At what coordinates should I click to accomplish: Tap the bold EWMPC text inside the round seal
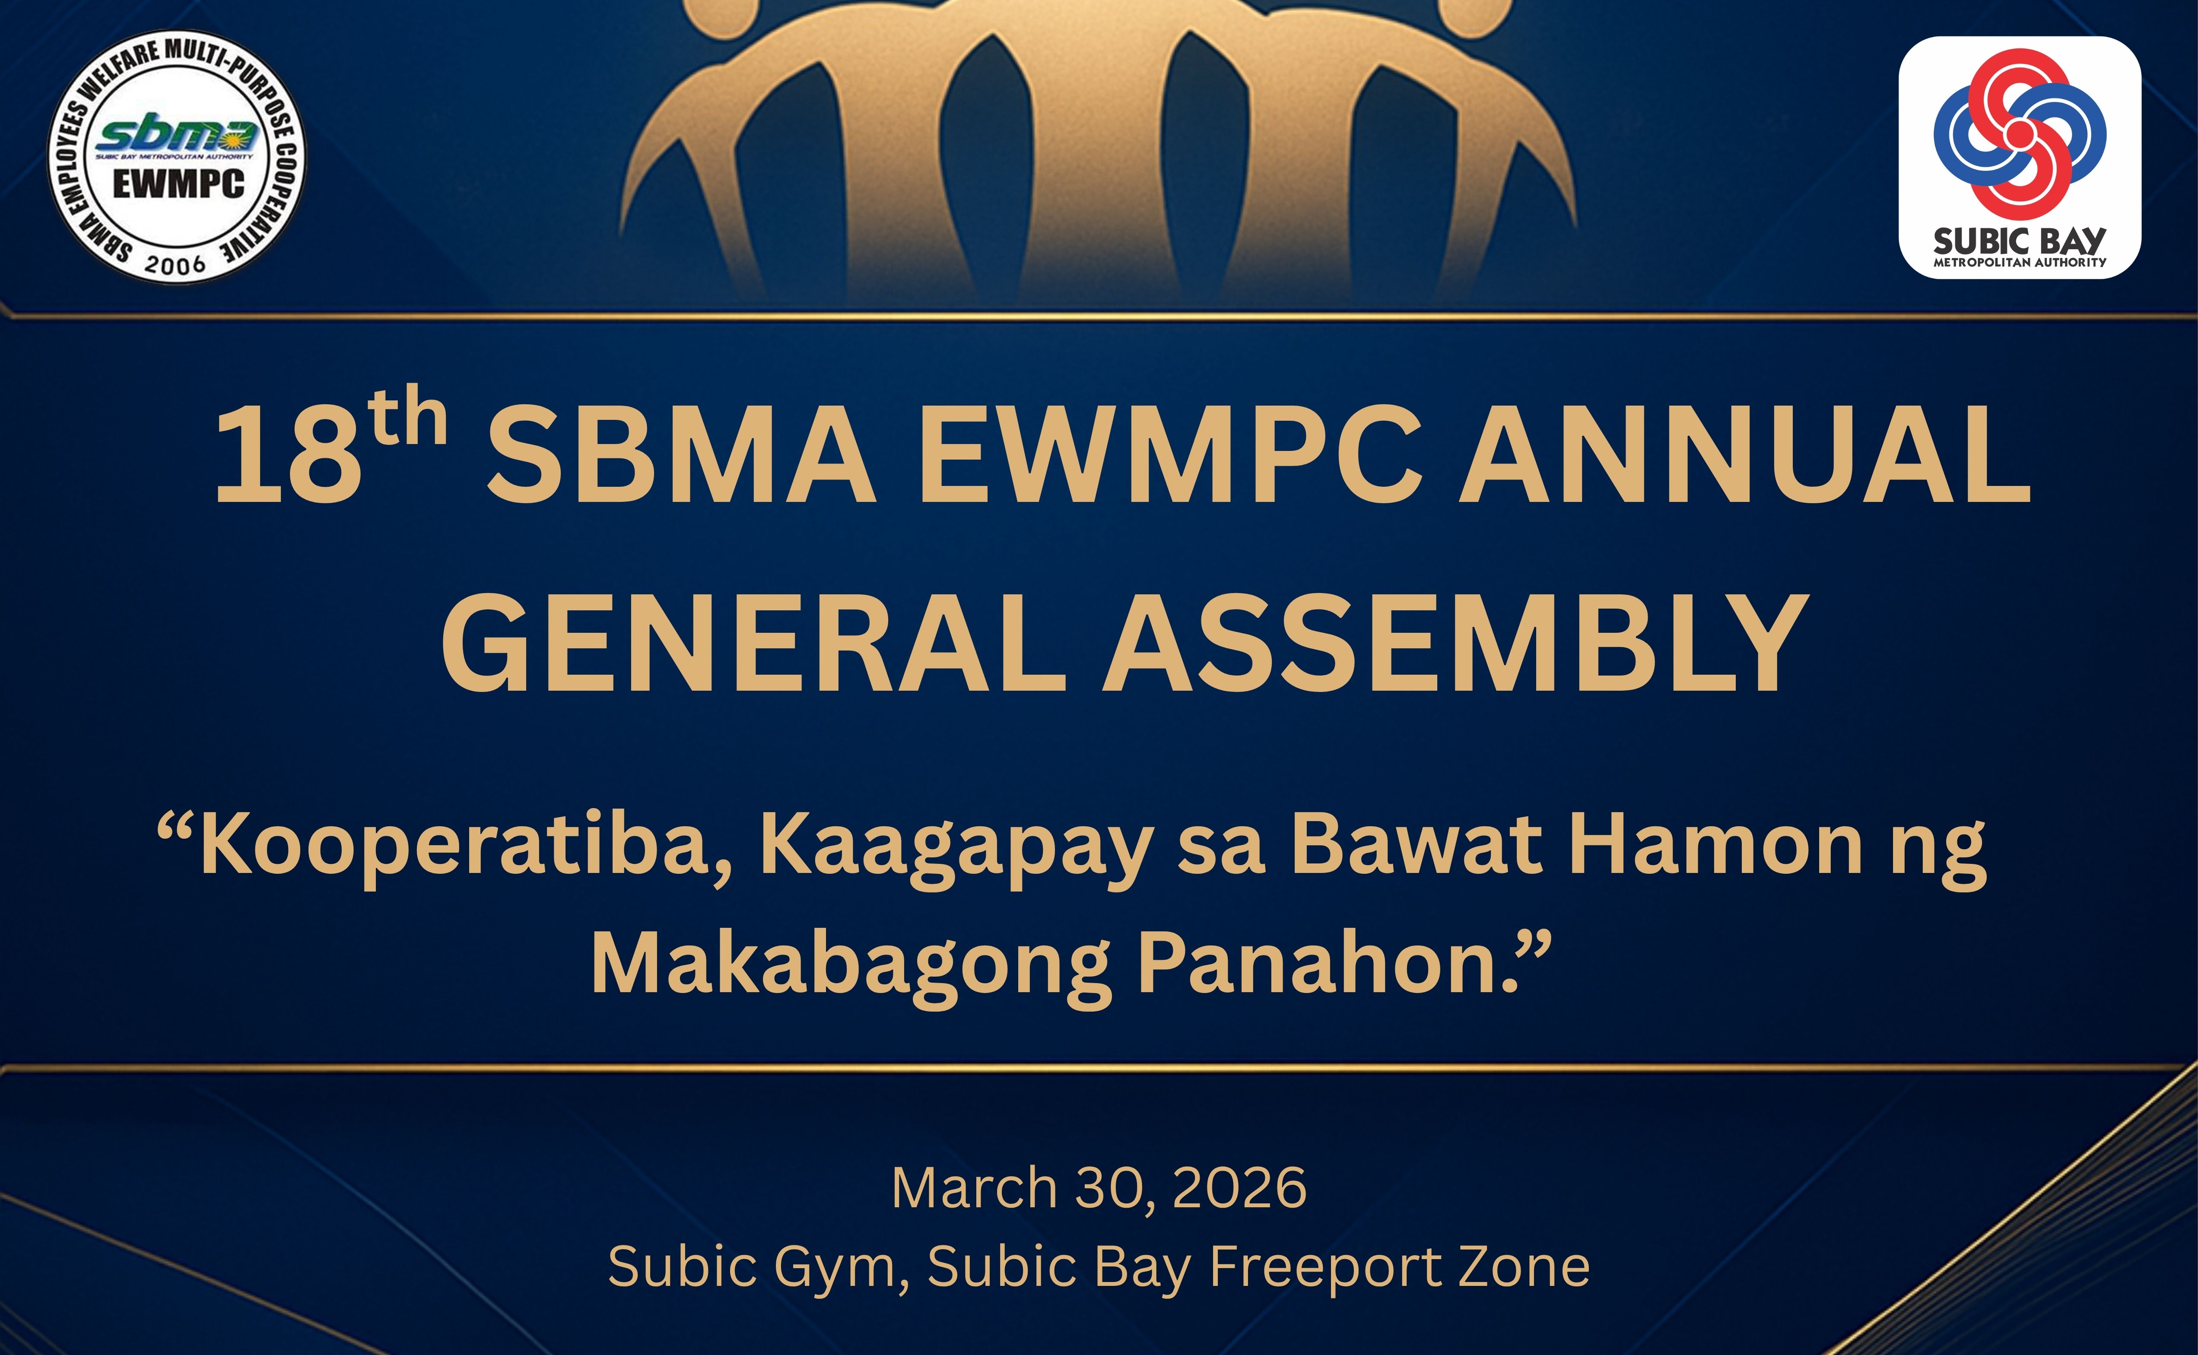point(178,184)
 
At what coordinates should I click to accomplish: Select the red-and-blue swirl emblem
point(2020,134)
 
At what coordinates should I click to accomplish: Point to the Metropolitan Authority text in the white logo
point(2020,263)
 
